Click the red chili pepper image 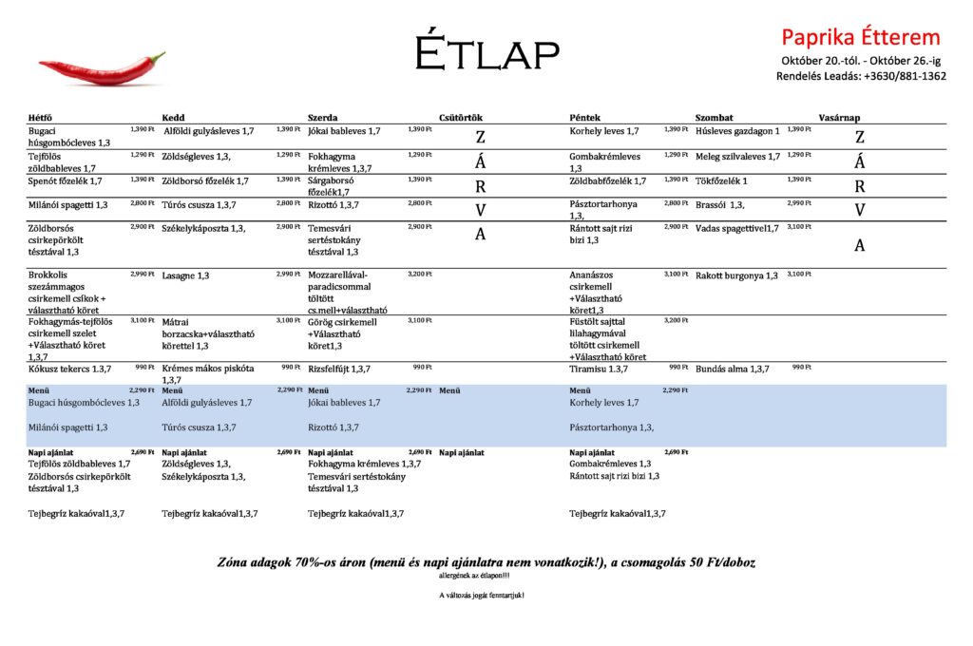[x=102, y=68]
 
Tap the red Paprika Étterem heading [x=860, y=37]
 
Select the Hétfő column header [x=41, y=118]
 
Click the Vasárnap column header [x=839, y=118]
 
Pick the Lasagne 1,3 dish [x=186, y=275]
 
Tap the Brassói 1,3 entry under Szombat [x=719, y=204]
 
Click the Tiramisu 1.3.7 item [x=599, y=369]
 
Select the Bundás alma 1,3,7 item [x=732, y=369]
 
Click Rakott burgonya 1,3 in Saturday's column [x=736, y=275]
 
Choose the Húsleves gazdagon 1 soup [x=737, y=131]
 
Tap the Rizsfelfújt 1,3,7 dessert [x=339, y=369]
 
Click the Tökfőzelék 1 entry [x=721, y=180]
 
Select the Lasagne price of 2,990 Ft [x=289, y=274]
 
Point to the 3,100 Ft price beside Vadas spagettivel [x=799, y=226]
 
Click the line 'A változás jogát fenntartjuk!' [x=481, y=596]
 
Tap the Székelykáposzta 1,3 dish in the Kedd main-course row [x=203, y=228]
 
